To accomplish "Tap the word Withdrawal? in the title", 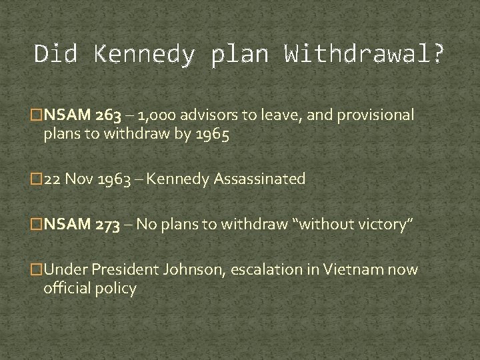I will tap(363, 53).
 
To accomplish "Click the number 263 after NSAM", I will tap(109, 116).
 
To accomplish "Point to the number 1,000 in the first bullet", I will tap(157, 116).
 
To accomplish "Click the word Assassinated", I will tap(258, 179).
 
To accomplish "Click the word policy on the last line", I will tap(119, 289).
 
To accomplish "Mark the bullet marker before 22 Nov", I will tap(37, 179).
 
